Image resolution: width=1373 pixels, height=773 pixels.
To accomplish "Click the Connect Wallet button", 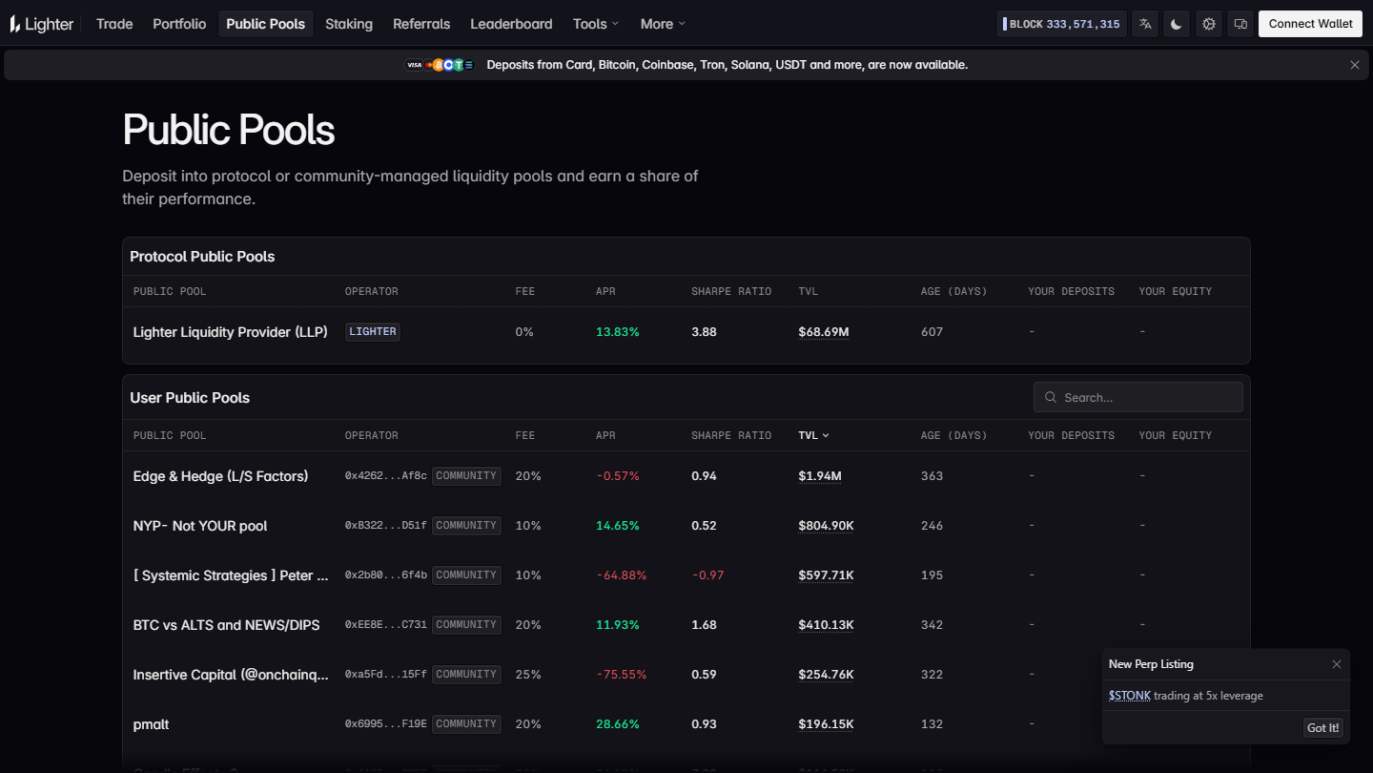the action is pyautogui.click(x=1310, y=24).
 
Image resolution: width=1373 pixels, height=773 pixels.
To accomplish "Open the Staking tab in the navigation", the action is pyautogui.click(x=349, y=24).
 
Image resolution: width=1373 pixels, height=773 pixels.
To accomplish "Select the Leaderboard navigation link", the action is pyautogui.click(x=511, y=24).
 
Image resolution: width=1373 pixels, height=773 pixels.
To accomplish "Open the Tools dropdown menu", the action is pyautogui.click(x=596, y=24).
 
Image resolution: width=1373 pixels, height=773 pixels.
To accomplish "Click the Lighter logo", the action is pyautogui.click(x=42, y=24).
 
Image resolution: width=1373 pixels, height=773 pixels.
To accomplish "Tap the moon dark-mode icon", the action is pyautogui.click(x=1177, y=24).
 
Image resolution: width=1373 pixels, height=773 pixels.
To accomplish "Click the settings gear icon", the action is pyautogui.click(x=1209, y=24).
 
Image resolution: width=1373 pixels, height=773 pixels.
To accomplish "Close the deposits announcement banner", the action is pyautogui.click(x=1355, y=65).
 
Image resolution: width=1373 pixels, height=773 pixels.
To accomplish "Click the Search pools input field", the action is pyautogui.click(x=1138, y=398).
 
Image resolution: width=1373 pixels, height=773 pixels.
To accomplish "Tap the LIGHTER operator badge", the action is pyautogui.click(x=373, y=332).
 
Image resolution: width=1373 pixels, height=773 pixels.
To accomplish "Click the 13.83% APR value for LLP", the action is pyautogui.click(x=617, y=332).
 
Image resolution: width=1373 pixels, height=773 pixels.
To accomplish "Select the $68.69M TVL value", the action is pyautogui.click(x=823, y=332).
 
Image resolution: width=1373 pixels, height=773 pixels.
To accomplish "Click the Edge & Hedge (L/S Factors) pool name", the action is pyautogui.click(x=220, y=476).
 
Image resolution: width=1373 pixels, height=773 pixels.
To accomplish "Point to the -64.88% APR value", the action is pyautogui.click(x=622, y=575).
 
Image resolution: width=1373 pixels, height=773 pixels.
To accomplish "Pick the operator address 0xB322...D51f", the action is pyautogui.click(x=385, y=526).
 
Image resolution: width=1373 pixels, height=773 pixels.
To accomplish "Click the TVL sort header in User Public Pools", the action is pyautogui.click(x=813, y=435).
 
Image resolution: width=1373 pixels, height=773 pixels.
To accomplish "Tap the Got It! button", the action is pyautogui.click(x=1322, y=727).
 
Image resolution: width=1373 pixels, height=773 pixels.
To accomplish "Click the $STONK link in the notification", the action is pyautogui.click(x=1130, y=696).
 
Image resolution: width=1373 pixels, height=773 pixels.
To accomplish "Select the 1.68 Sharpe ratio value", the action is pyautogui.click(x=704, y=625).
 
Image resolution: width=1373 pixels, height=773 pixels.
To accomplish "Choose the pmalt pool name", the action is pyautogui.click(x=151, y=724).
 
